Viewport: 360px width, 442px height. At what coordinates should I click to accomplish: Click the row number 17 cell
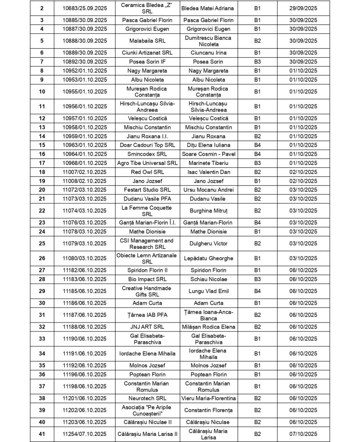[42, 163]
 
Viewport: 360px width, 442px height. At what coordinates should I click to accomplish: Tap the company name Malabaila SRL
[147, 41]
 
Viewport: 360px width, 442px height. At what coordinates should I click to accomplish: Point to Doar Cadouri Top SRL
[147, 145]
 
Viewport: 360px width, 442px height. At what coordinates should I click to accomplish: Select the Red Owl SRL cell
[147, 172]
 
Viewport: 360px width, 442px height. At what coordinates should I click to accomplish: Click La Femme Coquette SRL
[147, 210]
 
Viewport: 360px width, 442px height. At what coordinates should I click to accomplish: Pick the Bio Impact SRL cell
[147, 279]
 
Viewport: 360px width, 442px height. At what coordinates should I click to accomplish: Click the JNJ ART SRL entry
[147, 327]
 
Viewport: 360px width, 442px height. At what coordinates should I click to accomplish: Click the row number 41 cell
[42, 434]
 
